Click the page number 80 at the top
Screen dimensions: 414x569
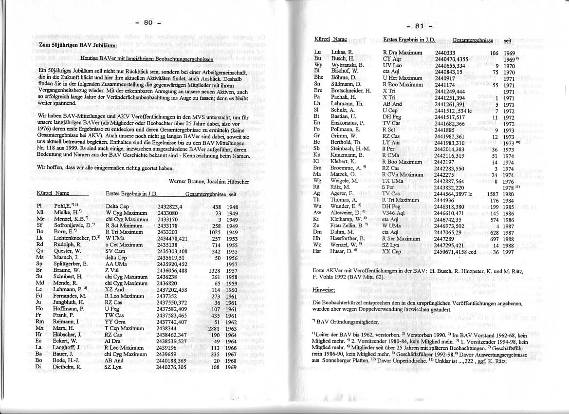click(x=148, y=23)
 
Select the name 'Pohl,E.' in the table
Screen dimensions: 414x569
click(x=63, y=207)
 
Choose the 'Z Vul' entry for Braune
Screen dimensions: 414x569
click(x=112, y=270)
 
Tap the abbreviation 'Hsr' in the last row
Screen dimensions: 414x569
click(x=319, y=252)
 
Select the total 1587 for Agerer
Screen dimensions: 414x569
click(x=492, y=193)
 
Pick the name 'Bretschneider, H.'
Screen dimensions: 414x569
click(x=351, y=91)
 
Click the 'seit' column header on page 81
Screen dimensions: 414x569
click(x=508, y=41)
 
